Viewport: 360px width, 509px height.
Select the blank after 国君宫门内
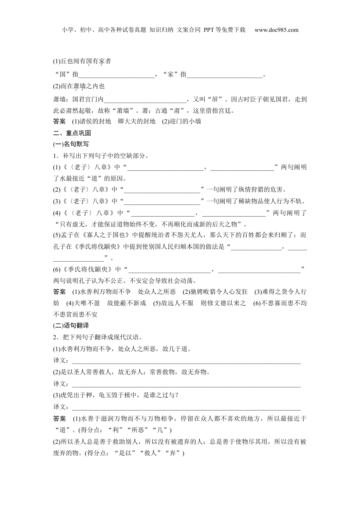click(x=145, y=100)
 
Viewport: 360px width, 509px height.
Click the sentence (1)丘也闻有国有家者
click(x=82, y=61)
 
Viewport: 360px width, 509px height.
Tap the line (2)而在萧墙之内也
click(x=79, y=86)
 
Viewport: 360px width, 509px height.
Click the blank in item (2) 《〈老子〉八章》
click(x=162, y=190)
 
